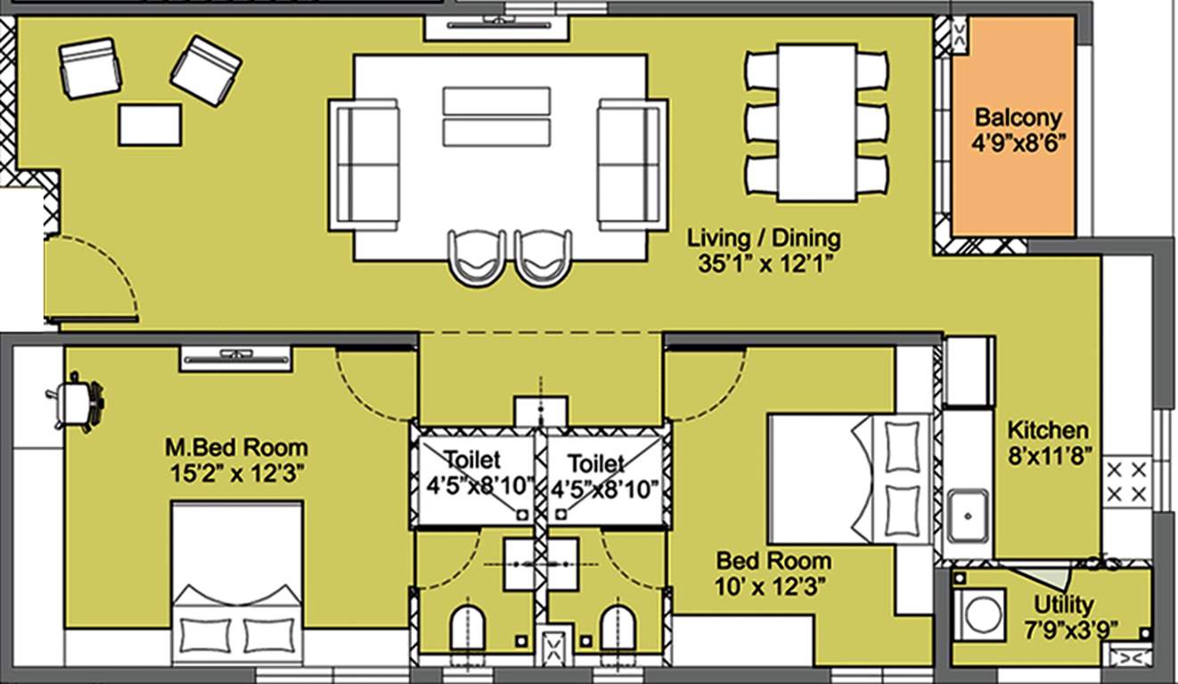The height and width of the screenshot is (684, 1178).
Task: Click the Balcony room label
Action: pos(1018,117)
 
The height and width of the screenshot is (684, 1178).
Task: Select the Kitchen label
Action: pos(1047,430)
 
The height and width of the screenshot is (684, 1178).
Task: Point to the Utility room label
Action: pos(1064,606)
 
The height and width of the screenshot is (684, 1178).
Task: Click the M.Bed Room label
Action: pos(236,447)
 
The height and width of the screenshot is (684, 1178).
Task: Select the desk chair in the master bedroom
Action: pos(78,403)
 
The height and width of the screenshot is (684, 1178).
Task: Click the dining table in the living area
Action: pos(816,122)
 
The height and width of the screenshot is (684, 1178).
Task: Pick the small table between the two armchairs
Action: pos(150,125)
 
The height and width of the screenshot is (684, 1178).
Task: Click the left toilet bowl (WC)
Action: pos(468,628)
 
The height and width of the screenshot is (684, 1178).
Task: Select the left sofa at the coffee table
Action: pos(364,164)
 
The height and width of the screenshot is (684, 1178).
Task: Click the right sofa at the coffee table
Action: pos(633,164)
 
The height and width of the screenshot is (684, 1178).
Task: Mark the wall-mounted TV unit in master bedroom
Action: pos(236,357)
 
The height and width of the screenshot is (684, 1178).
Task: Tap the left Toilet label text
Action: pos(472,461)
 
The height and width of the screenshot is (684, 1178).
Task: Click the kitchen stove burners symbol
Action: pos(1126,481)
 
